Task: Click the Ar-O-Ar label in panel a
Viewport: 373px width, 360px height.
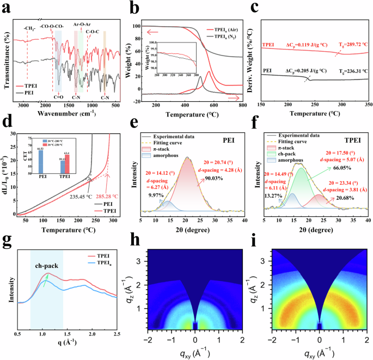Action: pos(81,24)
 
